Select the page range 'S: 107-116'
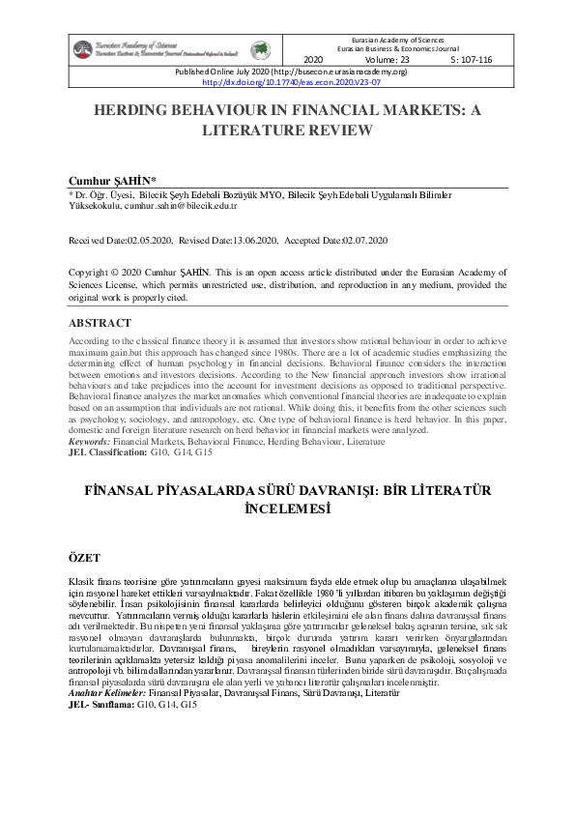click(x=472, y=59)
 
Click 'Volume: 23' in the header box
click(x=388, y=59)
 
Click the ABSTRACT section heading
click(x=102, y=323)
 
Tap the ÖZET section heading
click(x=85, y=558)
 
